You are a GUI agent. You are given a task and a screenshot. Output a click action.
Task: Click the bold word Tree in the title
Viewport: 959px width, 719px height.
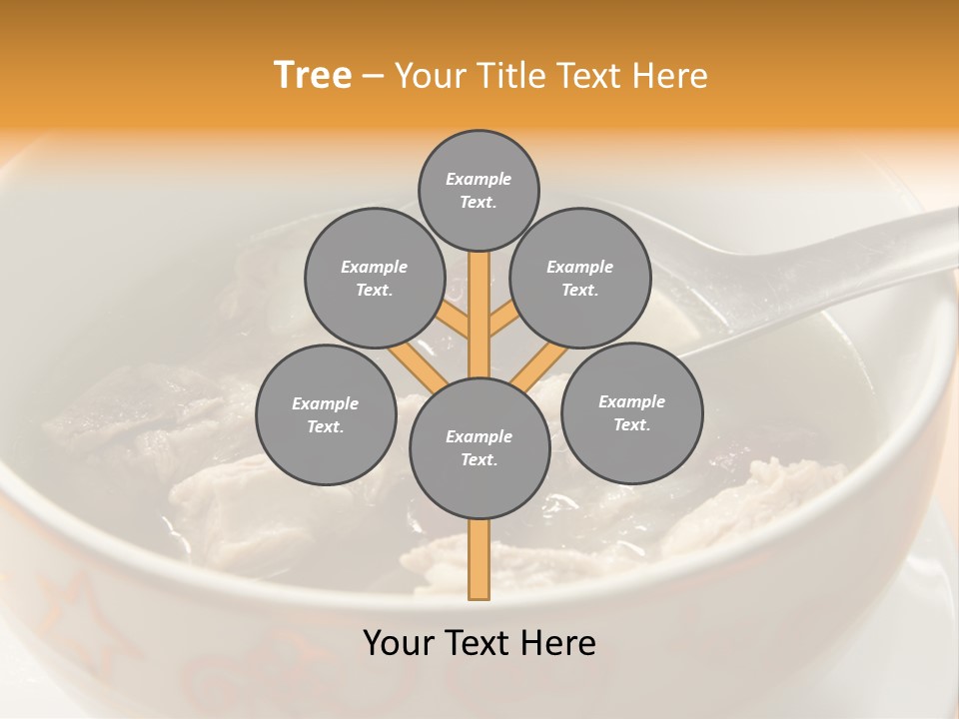313,75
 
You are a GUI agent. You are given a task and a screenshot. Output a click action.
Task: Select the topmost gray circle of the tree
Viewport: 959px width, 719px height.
479,190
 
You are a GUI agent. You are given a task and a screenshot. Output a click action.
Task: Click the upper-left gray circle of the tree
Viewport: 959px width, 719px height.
374,278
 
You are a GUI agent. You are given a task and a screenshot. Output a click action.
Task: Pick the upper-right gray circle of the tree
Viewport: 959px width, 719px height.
580,278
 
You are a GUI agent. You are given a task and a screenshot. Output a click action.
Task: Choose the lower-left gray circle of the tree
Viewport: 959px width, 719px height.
326,414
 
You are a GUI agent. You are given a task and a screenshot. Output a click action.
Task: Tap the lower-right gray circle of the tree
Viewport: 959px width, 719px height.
631,412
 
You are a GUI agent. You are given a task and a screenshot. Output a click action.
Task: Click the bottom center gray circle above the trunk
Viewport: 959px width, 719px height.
479,447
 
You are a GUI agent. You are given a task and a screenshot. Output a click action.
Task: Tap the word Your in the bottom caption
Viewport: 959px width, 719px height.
399,643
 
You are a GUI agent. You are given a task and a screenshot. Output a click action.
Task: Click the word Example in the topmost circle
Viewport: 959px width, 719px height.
479,179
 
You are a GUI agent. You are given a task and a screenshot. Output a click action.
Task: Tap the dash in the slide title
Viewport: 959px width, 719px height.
373,76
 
